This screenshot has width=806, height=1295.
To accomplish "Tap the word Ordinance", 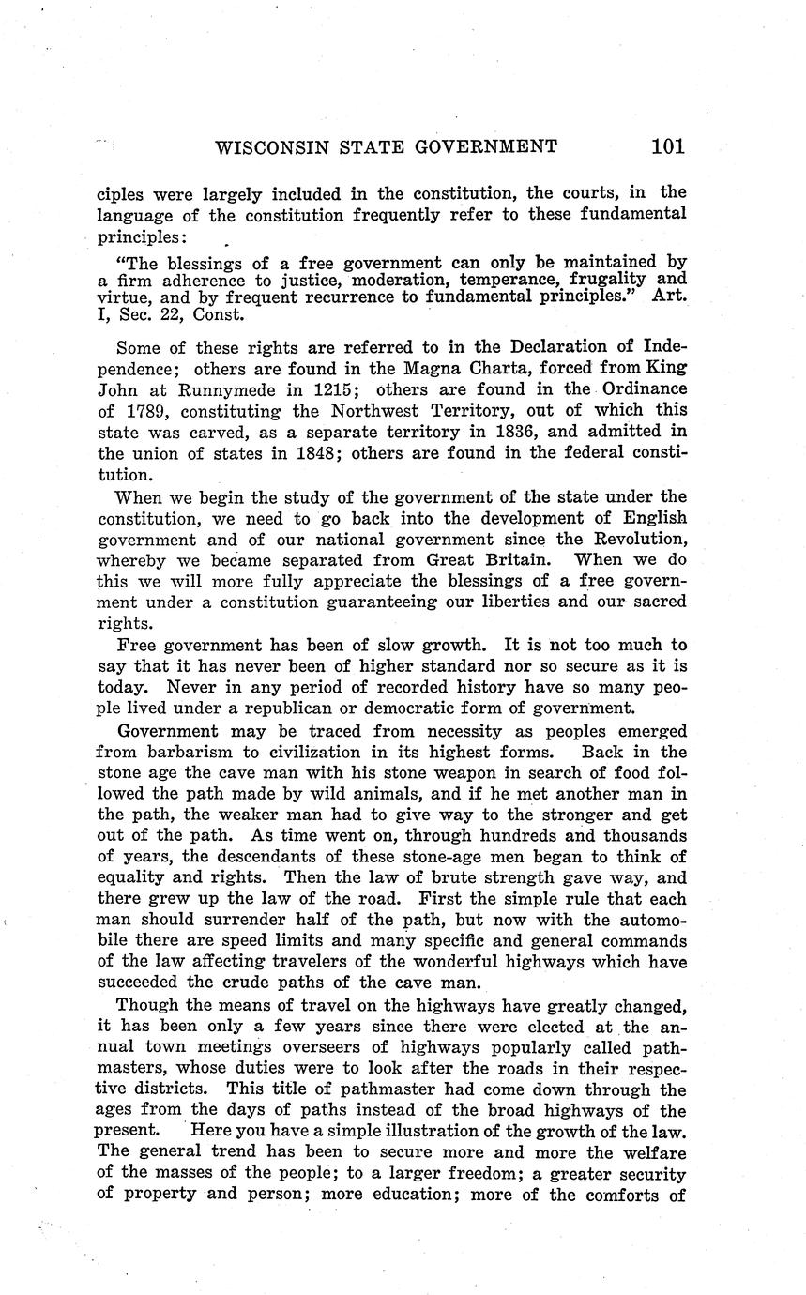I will (x=645, y=389).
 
